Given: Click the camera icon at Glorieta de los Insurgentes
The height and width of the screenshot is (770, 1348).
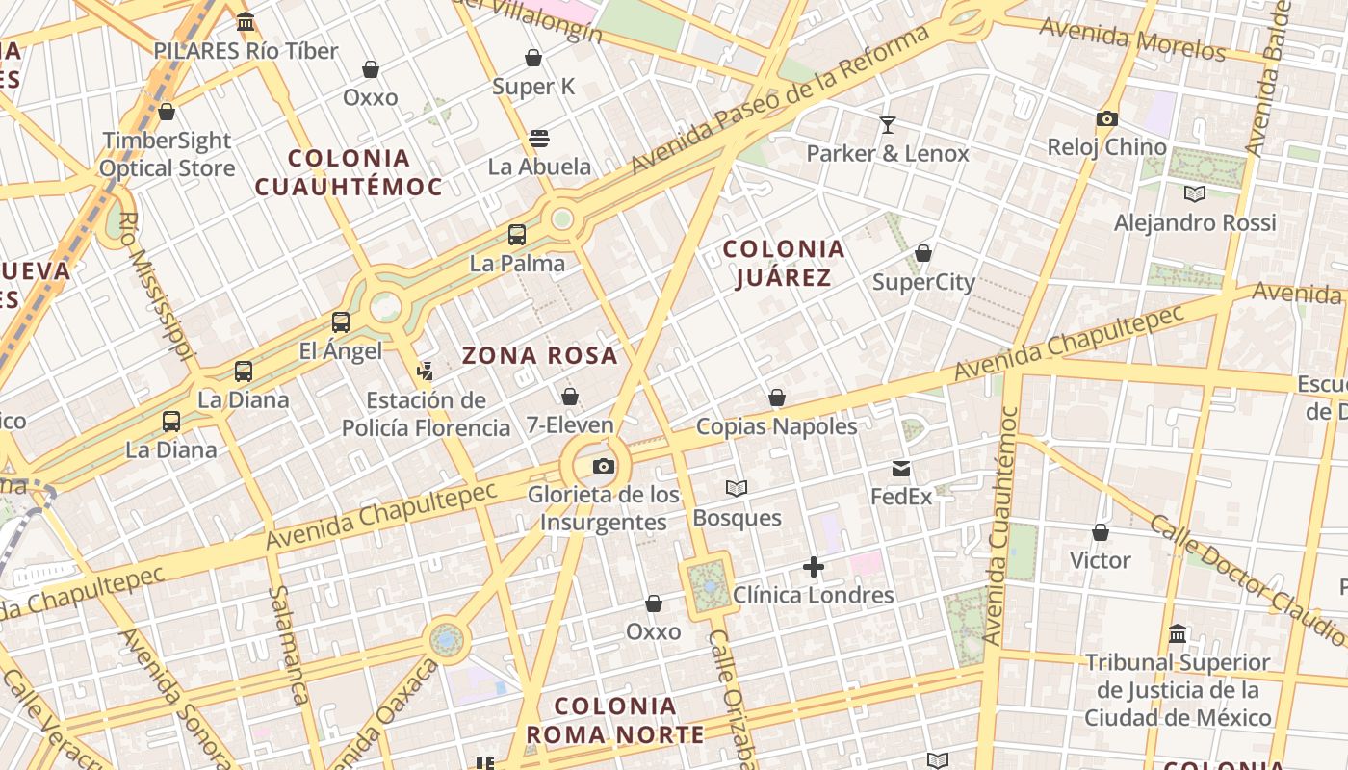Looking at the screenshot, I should [604, 467].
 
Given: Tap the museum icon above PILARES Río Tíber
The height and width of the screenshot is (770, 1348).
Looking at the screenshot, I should [246, 21].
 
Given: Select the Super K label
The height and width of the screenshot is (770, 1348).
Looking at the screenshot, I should [533, 87].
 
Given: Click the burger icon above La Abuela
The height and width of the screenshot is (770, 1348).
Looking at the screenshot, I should [539, 139].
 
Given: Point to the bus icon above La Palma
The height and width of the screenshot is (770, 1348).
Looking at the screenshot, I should [517, 235].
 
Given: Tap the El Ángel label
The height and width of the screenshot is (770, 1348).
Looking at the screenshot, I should [341, 351].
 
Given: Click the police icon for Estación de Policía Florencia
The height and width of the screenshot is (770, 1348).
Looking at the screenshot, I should [425, 371].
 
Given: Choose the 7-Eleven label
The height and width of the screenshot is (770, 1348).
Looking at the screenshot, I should [570, 424].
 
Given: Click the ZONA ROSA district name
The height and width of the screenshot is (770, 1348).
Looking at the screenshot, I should [540, 356].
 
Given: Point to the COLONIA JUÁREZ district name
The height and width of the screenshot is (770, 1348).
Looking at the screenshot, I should [784, 264].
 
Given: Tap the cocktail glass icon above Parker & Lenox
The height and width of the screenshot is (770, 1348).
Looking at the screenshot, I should [887, 125].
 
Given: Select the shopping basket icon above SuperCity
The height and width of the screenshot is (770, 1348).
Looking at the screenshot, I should [922, 254].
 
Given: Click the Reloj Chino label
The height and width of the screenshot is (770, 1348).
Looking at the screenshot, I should [1107, 147].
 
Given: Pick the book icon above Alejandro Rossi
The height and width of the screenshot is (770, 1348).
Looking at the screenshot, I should [1195, 194].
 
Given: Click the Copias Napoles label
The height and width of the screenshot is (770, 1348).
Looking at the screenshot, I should [776, 426].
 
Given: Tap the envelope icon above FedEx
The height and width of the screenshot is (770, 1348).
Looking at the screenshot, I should [901, 469].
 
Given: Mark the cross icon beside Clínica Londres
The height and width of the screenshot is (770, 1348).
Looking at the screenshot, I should [814, 568].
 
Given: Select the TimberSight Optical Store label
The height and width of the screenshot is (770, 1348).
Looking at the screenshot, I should [168, 154].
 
